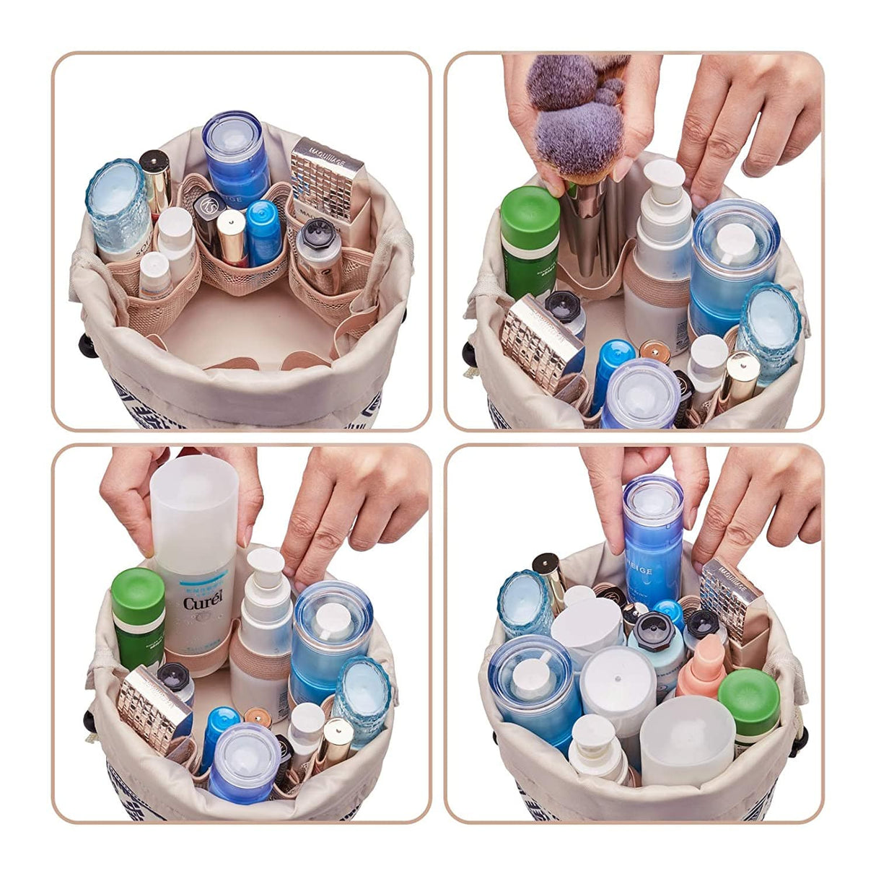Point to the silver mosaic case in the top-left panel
pyautogui.click(x=328, y=177)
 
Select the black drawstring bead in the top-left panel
pyautogui.click(x=89, y=345)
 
